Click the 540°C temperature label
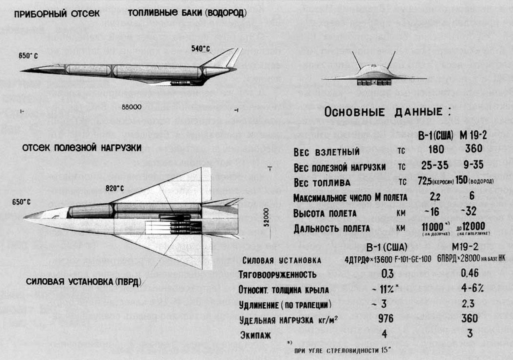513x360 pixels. [x=200, y=48]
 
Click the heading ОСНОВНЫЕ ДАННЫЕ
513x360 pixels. [x=387, y=112]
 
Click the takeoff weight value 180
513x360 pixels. [x=436, y=149]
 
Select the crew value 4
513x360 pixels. [x=384, y=333]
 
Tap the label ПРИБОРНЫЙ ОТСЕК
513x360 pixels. [x=57, y=14]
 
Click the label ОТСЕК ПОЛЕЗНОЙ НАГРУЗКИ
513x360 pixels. [x=82, y=148]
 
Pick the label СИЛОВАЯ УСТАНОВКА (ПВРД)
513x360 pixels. [x=84, y=282]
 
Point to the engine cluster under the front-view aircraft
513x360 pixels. [x=374, y=82]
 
